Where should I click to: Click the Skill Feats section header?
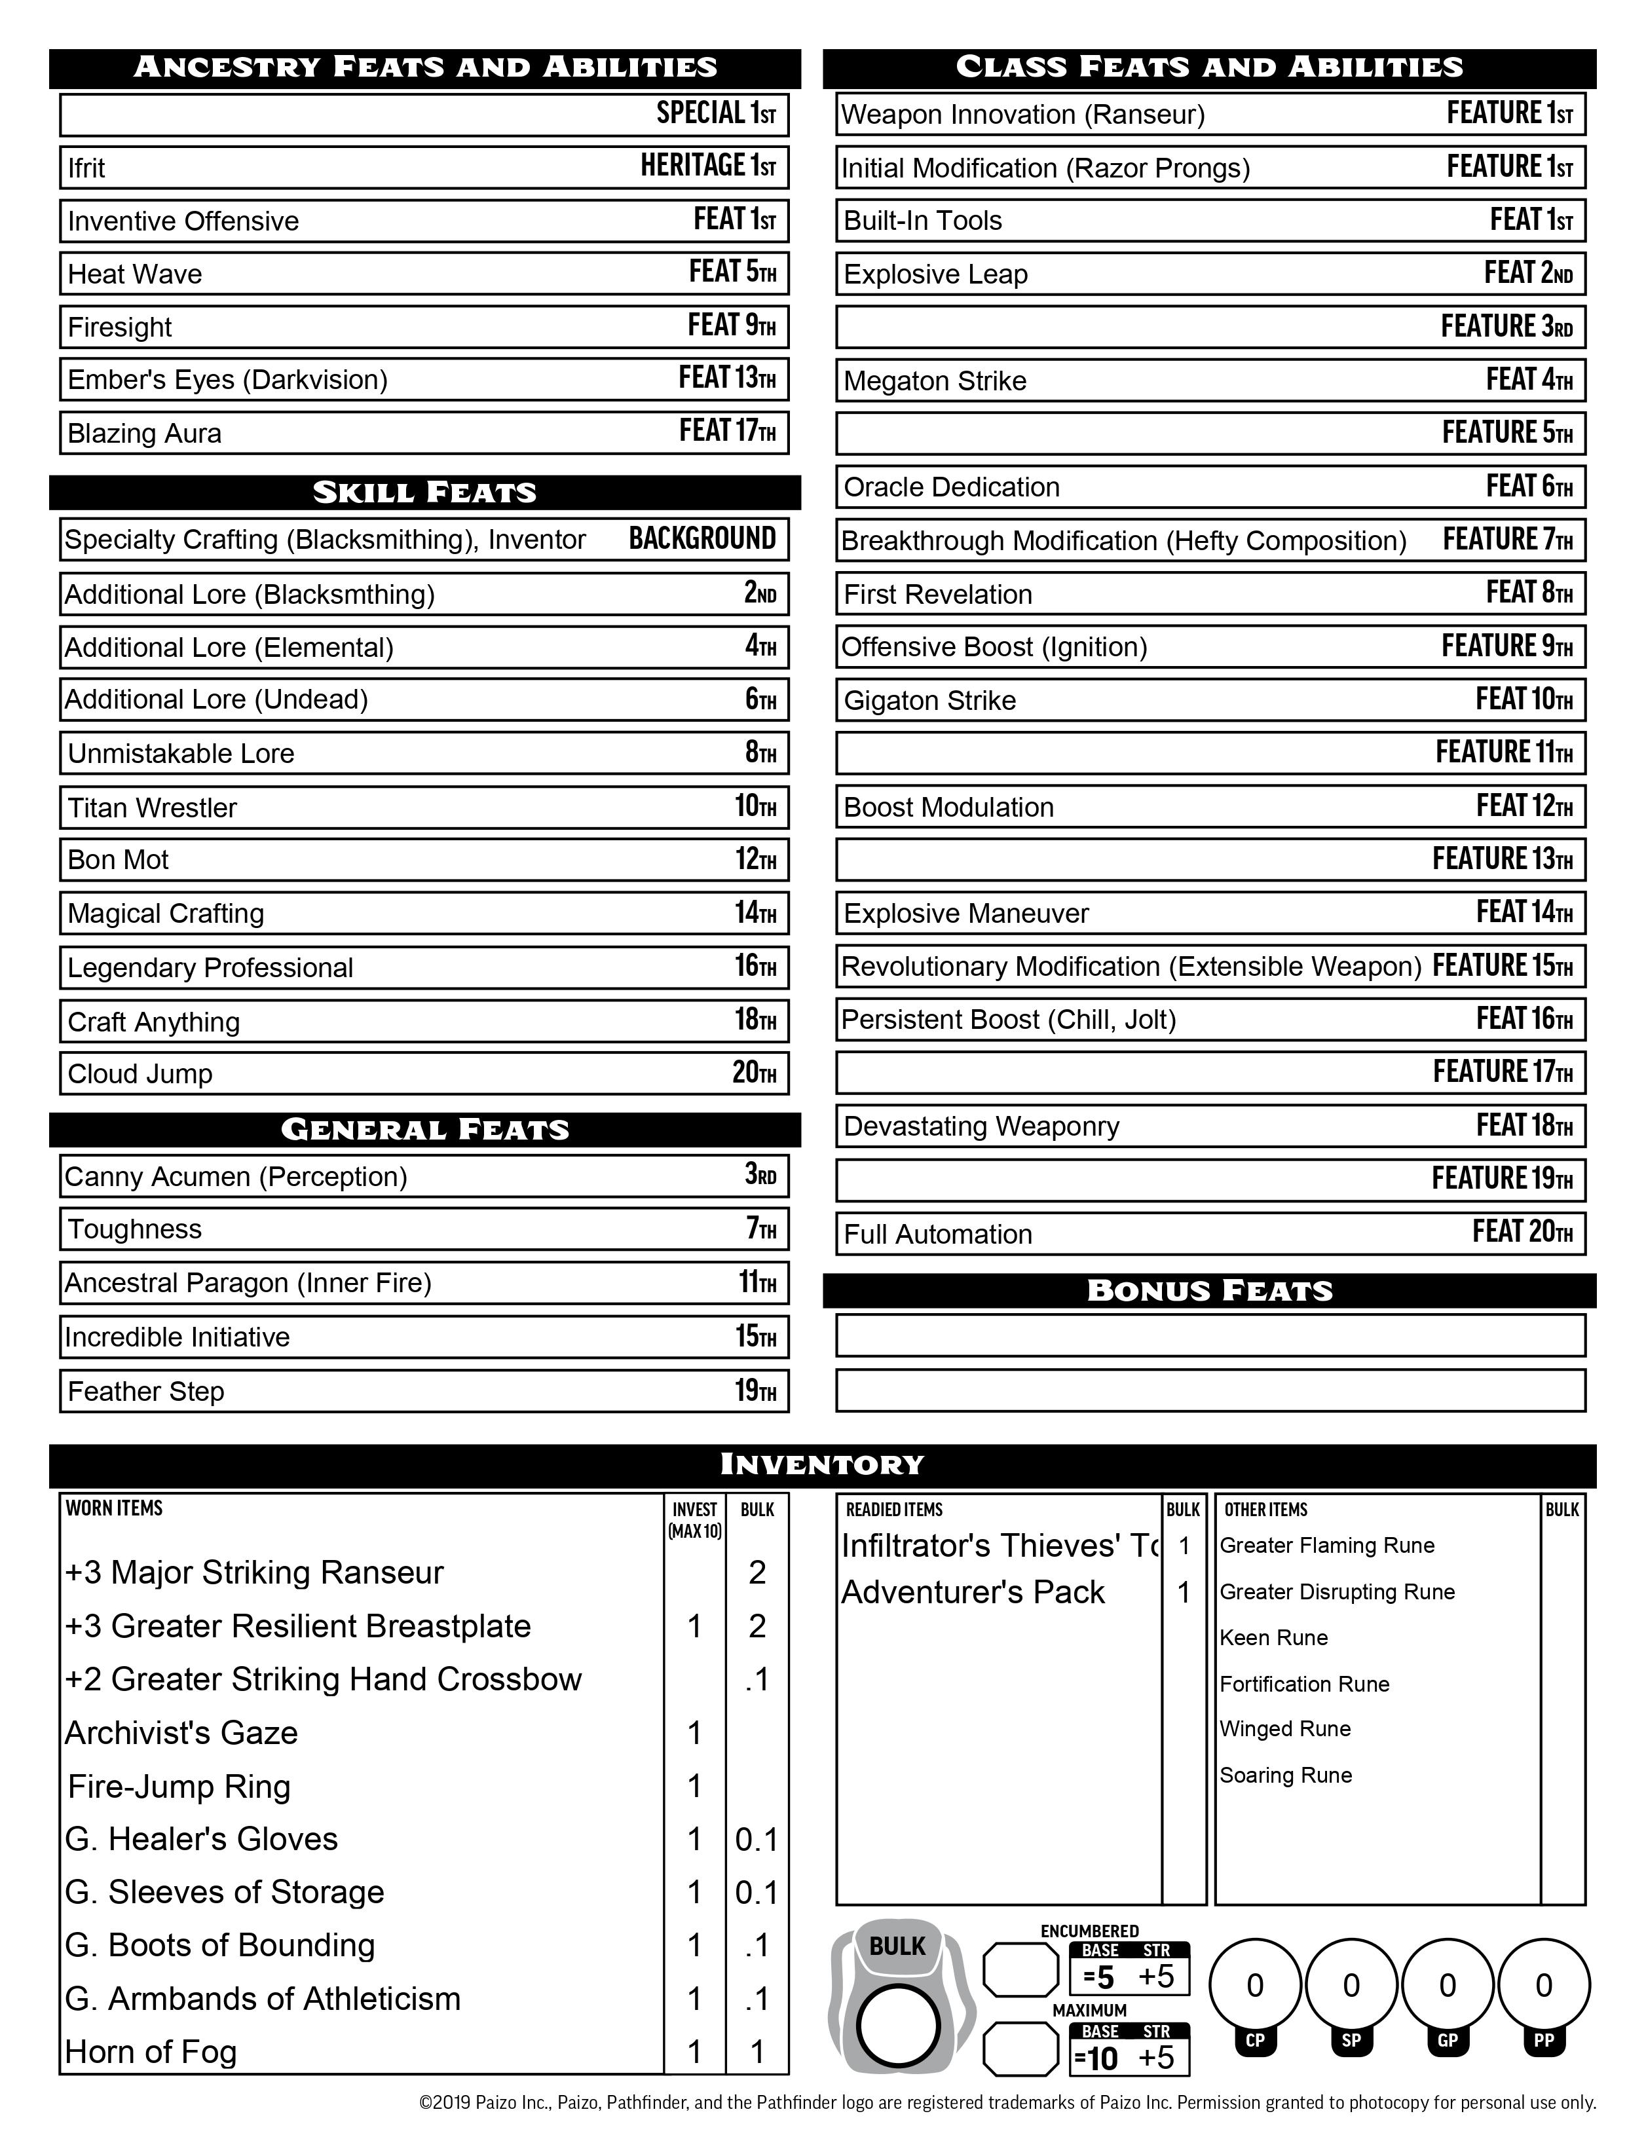[424, 492]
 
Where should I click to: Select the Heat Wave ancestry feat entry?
[135, 274]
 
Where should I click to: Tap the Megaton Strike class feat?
[935, 381]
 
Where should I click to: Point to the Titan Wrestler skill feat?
[153, 808]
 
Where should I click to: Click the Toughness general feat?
[135, 1229]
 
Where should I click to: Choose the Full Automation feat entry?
[937, 1234]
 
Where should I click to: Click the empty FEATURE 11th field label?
[1503, 753]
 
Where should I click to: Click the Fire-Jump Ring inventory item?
[179, 1786]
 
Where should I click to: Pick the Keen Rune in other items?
[1273, 1637]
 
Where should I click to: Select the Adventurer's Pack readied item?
[973, 1592]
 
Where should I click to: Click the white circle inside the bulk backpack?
[897, 2026]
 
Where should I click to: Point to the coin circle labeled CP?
[1254, 1984]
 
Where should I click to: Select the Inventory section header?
[822, 1465]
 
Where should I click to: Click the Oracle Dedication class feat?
[951, 487]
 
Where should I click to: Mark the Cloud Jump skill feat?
[140, 1073]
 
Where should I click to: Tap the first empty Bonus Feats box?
[1210, 1335]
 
